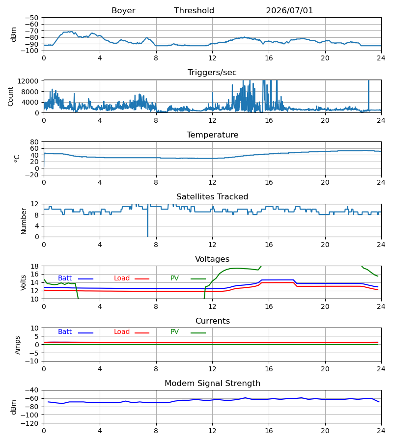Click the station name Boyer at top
point(123,11)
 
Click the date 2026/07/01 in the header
point(289,11)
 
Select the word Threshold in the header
point(194,11)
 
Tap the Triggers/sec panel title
point(212,73)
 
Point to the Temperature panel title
point(212,135)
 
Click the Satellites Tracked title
point(212,197)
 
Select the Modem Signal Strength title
point(212,384)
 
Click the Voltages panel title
point(212,259)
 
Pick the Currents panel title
point(213,321)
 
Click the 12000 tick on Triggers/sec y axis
point(28,81)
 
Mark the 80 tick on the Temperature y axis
point(34,142)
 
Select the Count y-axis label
point(10,96)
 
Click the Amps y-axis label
point(18,345)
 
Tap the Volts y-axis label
point(23,283)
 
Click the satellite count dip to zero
point(147,236)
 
